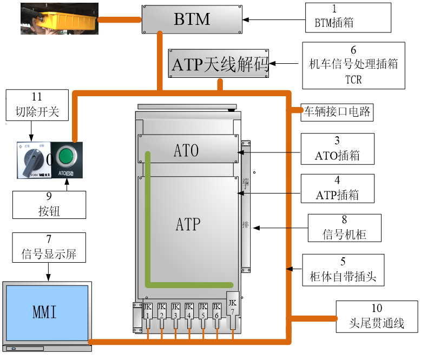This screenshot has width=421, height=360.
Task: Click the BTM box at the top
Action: point(192,19)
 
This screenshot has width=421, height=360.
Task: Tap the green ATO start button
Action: point(65,157)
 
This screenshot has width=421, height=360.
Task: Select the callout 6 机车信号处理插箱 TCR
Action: point(353,65)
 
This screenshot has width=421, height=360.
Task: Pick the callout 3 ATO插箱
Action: point(337,149)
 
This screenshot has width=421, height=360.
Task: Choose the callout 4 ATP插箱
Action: point(337,188)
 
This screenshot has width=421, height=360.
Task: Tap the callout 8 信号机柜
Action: point(344,228)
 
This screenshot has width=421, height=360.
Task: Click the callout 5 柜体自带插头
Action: point(343,270)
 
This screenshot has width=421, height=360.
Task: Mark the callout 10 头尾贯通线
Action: point(377,316)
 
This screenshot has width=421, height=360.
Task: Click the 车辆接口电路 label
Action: point(337,112)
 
